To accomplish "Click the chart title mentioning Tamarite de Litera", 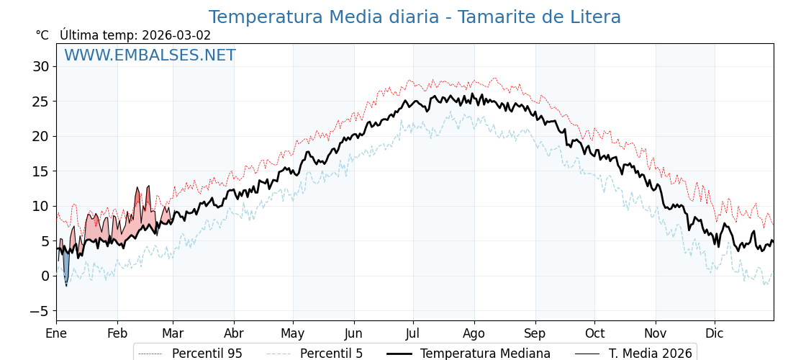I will pyautogui.click(x=415, y=17).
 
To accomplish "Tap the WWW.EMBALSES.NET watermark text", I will pyautogui.click(x=150, y=55).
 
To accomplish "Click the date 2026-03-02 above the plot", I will pyautogui.click(x=176, y=35).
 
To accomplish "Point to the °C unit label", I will pyautogui.click(x=42, y=35).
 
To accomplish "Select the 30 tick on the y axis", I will pyautogui.click(x=40, y=67).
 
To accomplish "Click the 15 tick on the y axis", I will pyautogui.click(x=40, y=171).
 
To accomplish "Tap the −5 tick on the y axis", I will pyautogui.click(x=37, y=311).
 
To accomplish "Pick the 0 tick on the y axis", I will pyautogui.click(x=45, y=276).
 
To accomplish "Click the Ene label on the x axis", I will pyautogui.click(x=56, y=334).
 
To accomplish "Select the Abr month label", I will pyautogui.click(x=234, y=334).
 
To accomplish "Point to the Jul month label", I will pyautogui.click(x=413, y=334).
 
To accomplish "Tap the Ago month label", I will pyautogui.click(x=474, y=334).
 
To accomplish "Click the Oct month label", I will pyautogui.click(x=594, y=334).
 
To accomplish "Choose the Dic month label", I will pyautogui.click(x=715, y=334).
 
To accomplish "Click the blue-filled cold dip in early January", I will pyautogui.click(x=66, y=268).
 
